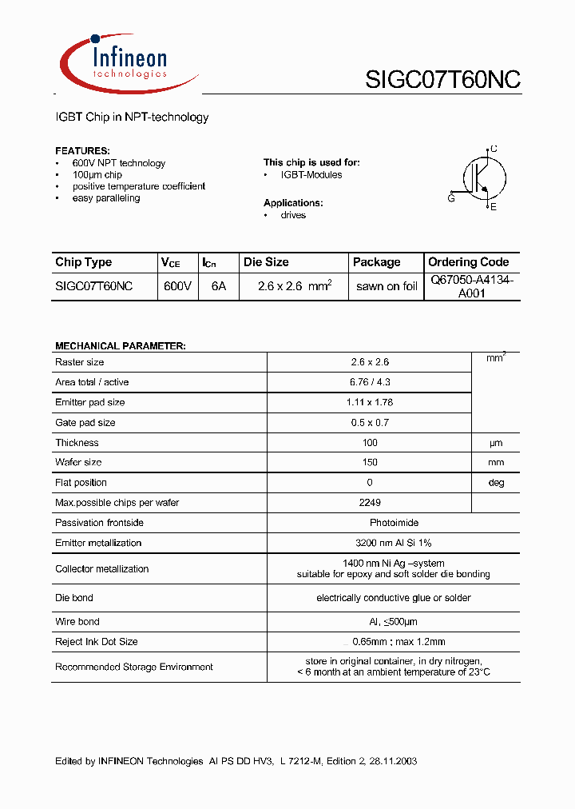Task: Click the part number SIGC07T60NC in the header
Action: pyautogui.click(x=442, y=80)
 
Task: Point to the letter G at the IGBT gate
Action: pyautogui.click(x=451, y=198)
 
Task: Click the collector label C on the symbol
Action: pyautogui.click(x=494, y=149)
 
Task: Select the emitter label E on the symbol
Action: pyautogui.click(x=494, y=208)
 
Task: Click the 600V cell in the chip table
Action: pyautogui.click(x=176, y=286)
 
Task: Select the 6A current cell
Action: pyautogui.click(x=218, y=286)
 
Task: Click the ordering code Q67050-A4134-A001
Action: pyautogui.click(x=471, y=286)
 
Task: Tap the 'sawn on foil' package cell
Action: pyautogui.click(x=387, y=286)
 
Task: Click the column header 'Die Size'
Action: pyautogui.click(x=266, y=262)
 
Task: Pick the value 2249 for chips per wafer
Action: pyautogui.click(x=370, y=503)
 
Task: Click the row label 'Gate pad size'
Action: pyautogui.click(x=85, y=423)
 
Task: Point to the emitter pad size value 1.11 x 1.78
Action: pyautogui.click(x=370, y=403)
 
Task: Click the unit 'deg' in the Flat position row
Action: pyautogui.click(x=496, y=483)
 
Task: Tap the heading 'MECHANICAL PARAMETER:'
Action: pyautogui.click(x=120, y=346)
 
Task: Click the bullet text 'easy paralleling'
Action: pyautogui.click(x=105, y=198)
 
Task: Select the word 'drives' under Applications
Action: pyautogui.click(x=293, y=216)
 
